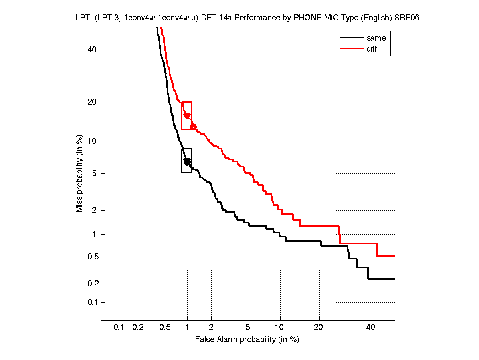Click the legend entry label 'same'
[x=376, y=38]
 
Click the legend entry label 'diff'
[x=372, y=49]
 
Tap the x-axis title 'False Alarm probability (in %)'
[x=247, y=339]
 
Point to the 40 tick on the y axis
[x=93, y=50]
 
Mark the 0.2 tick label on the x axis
[x=138, y=327]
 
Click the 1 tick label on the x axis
[x=187, y=327]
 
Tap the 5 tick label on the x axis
[x=248, y=327]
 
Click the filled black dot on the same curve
[x=187, y=161]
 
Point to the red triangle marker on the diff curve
[x=187, y=115]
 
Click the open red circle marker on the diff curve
[x=194, y=126]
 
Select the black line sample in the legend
[x=350, y=38]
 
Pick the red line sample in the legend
[x=350, y=49]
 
